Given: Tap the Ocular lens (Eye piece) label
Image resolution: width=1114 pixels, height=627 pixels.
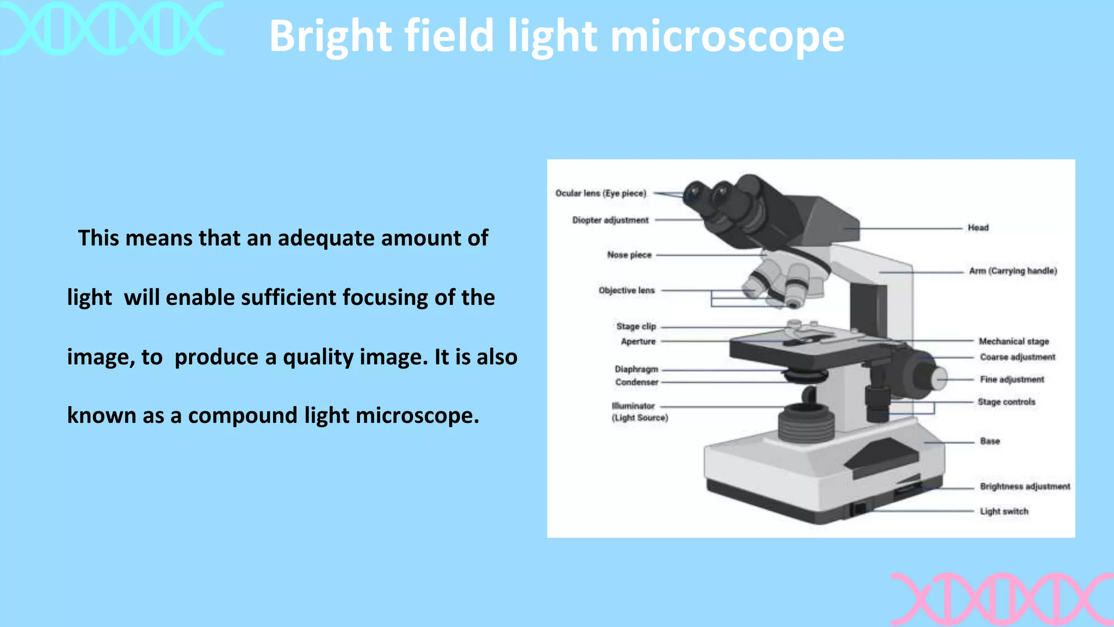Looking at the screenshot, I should [601, 193].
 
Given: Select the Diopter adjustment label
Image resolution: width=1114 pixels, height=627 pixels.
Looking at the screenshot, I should [610, 220].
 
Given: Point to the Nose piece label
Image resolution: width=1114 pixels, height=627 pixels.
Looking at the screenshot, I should [629, 255].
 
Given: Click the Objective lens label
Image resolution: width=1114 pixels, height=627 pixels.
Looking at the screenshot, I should [627, 290].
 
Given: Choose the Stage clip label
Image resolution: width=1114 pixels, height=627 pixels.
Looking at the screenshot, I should [636, 326].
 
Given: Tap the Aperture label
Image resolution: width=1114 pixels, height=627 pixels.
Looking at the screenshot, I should [638, 341].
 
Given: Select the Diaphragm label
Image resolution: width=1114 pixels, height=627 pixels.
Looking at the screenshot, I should [636, 369].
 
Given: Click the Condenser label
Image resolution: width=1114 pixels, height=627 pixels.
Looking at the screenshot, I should [636, 382].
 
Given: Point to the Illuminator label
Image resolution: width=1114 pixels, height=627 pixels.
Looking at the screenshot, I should [634, 406].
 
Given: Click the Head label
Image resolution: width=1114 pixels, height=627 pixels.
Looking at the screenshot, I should [978, 228].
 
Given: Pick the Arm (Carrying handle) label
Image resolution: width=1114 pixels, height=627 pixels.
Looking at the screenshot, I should [1013, 271].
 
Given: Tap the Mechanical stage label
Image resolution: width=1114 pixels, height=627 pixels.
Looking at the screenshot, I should [1014, 341].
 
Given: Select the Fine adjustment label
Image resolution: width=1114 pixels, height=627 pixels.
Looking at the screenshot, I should [1012, 379].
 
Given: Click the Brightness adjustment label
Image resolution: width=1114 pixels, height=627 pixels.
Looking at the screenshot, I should [1025, 486].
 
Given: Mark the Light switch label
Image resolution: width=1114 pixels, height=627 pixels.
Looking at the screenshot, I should [1004, 511].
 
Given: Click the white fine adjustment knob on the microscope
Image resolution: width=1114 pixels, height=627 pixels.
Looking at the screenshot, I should [939, 378].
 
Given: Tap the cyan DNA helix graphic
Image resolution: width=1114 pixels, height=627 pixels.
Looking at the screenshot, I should [112, 28].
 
